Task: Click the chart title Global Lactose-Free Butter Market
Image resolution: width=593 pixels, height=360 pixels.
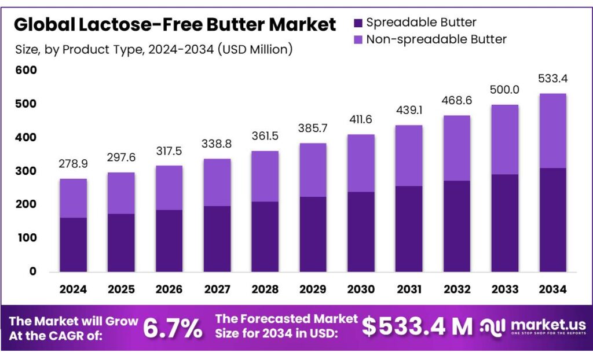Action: pos(174,24)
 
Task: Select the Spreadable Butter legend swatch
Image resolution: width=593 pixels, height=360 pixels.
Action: pos(357,23)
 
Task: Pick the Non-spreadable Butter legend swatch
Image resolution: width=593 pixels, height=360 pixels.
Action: pos(357,40)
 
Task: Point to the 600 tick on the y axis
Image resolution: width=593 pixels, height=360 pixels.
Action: pos(26,71)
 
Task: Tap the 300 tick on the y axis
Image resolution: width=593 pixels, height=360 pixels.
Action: pos(26,171)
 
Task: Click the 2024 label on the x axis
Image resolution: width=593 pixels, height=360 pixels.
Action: pos(74,289)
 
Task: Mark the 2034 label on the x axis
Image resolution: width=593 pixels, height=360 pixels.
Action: pos(552,289)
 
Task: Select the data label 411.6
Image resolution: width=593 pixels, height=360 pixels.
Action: pos(361,121)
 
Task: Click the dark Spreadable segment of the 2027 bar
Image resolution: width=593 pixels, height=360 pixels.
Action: pos(217,238)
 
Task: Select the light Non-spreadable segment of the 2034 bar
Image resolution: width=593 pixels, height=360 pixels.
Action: pos(552,131)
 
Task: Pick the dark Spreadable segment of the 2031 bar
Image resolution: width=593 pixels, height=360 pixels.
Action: pos(409,229)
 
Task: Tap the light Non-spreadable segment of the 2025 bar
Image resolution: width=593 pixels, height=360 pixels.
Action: pos(122,193)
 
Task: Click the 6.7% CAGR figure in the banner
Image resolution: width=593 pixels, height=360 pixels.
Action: pos(173,328)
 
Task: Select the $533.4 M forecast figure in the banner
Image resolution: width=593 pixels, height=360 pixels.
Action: pos(418,327)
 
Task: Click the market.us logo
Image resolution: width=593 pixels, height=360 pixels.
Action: pos(532,327)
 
